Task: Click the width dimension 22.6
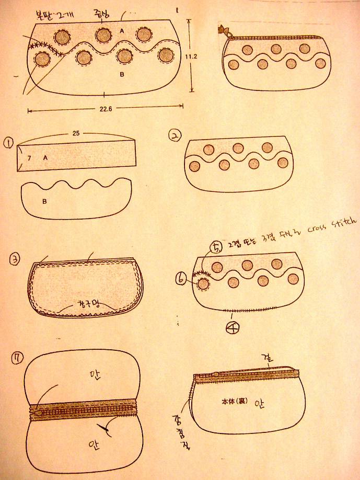tap(104, 110)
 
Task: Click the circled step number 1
tap(8, 142)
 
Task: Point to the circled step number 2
tap(175, 136)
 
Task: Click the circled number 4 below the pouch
tap(233, 328)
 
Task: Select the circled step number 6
tap(181, 281)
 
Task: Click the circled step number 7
tap(18, 358)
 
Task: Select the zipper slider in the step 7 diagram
tap(38, 413)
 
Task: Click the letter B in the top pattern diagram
tap(122, 75)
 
